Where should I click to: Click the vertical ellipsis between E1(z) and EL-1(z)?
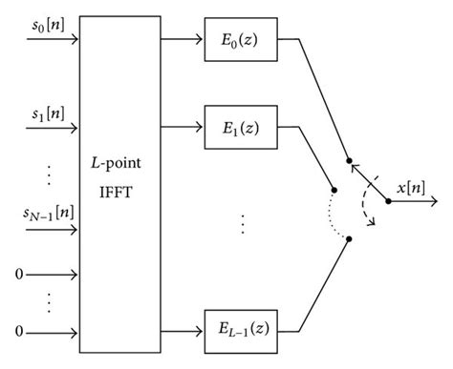pos(243,224)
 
